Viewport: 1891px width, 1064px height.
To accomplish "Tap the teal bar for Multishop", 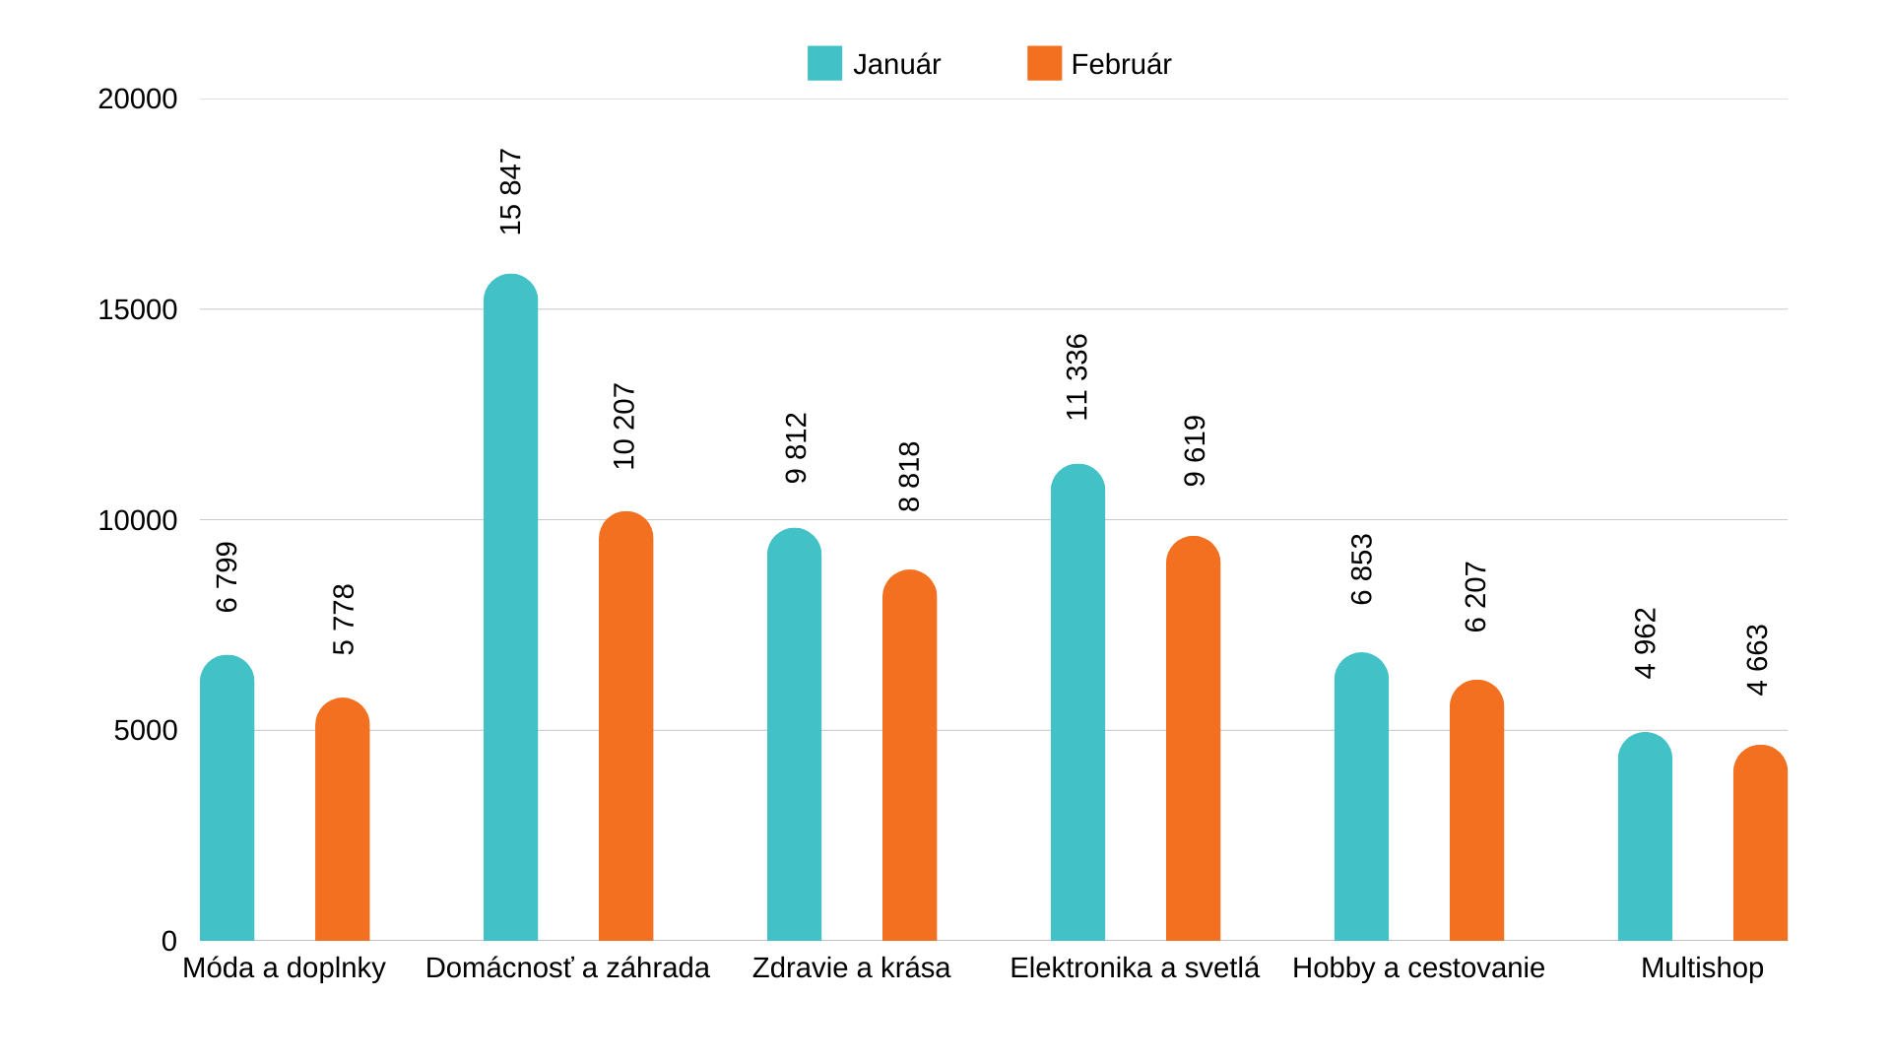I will (1645, 836).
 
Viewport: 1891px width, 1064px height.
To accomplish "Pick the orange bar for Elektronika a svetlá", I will (1193, 738).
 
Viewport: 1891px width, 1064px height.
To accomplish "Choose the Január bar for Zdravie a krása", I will (794, 734).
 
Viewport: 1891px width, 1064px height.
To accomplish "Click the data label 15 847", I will (510, 192).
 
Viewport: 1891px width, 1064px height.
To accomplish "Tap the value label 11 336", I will (1077, 377).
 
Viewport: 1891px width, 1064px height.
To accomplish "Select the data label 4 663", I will (1758, 660).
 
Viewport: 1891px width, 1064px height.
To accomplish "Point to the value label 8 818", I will (909, 477).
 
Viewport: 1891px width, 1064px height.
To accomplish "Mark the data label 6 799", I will (227, 577).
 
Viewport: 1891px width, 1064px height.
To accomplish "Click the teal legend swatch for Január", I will (824, 63).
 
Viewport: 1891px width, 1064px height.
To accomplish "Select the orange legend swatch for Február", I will (1044, 63).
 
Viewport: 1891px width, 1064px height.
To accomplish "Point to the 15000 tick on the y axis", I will (138, 309).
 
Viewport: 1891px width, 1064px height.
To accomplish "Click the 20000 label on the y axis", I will (138, 99).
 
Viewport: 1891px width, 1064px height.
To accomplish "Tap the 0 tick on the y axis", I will (169, 941).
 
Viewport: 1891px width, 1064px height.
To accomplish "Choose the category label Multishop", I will (1702, 967).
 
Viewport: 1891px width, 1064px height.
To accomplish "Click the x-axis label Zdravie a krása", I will (851, 967).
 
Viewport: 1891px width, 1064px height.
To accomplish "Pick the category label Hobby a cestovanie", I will (1418, 967).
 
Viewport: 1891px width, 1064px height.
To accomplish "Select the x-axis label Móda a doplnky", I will (284, 967).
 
